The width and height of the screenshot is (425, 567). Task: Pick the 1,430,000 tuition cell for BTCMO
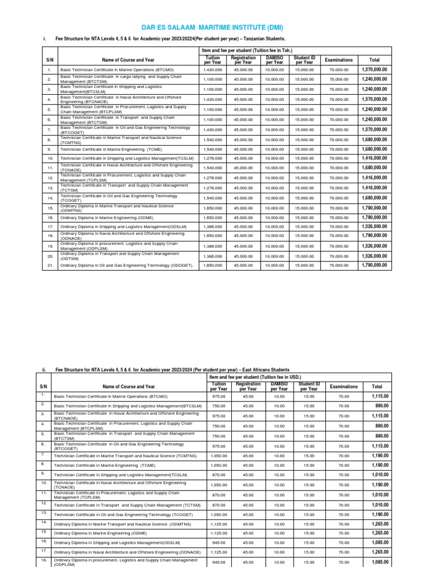[x=212, y=70]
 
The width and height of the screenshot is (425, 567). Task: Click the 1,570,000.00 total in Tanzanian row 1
[x=374, y=70]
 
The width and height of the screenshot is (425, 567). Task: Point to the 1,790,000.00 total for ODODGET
[x=374, y=265]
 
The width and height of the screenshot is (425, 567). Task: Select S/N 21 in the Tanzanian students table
[x=49, y=265]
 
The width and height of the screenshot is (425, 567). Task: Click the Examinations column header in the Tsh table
[x=338, y=60]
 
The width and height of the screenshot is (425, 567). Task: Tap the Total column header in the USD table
[x=377, y=386]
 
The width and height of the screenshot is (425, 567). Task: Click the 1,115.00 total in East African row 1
[x=377, y=396]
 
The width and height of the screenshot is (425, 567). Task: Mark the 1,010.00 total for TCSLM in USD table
[x=377, y=475]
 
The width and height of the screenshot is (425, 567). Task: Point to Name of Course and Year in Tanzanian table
[x=128, y=60]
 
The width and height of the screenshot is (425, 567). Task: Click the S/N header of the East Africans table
[x=44, y=386]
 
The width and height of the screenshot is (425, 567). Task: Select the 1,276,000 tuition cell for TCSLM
[x=212, y=158]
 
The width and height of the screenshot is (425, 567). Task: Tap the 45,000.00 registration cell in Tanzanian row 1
[x=243, y=70]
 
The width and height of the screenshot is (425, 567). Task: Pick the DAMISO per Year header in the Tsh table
[x=274, y=60]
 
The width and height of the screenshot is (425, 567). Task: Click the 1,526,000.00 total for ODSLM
[x=374, y=226]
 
